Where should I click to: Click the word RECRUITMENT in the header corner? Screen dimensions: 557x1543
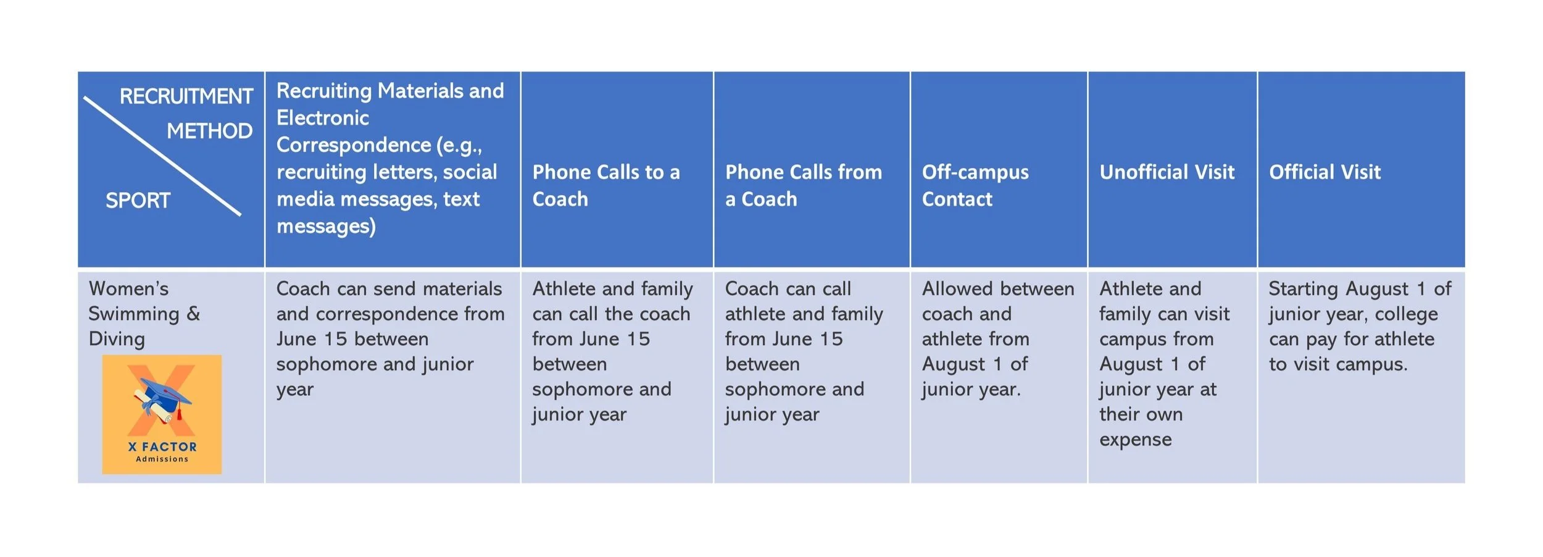(186, 96)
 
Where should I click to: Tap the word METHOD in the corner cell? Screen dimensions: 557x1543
(209, 131)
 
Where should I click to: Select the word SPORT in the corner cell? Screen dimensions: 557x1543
(138, 201)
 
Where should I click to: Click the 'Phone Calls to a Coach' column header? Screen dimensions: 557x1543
(605, 185)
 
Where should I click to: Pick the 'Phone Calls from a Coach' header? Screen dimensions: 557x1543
(803, 185)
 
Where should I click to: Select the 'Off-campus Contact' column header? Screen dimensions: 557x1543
(975, 185)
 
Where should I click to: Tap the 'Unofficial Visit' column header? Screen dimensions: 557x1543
(1167, 172)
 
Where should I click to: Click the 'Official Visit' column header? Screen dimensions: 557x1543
(1325, 172)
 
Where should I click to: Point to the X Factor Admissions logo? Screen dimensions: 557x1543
(162, 414)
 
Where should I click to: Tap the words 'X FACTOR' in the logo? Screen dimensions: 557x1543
(162, 447)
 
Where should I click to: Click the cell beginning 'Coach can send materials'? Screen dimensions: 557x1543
(390, 338)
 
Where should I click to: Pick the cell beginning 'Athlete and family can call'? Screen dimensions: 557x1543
(612, 351)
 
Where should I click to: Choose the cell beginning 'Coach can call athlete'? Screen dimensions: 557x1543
(803, 351)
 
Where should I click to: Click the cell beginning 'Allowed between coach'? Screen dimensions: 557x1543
(997, 338)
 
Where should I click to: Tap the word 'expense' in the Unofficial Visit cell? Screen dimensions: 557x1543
(1135, 440)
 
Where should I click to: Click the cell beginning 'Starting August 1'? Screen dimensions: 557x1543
(1359, 326)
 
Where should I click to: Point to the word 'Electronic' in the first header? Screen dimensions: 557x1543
(322, 118)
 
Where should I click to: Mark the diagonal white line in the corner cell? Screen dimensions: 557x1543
(162, 156)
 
